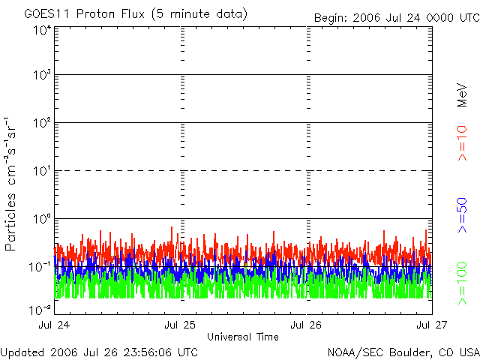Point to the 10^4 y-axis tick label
[40, 29]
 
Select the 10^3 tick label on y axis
[40, 75]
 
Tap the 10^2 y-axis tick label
[40, 123]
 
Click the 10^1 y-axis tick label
[40, 171]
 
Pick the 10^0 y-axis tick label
[40, 219]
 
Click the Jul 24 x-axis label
[53, 325]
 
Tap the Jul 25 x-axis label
[180, 325]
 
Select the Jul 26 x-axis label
[306, 325]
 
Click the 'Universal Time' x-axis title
[242, 337]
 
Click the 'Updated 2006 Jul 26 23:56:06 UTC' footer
[99, 352]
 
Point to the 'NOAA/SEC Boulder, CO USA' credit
[403, 352]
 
